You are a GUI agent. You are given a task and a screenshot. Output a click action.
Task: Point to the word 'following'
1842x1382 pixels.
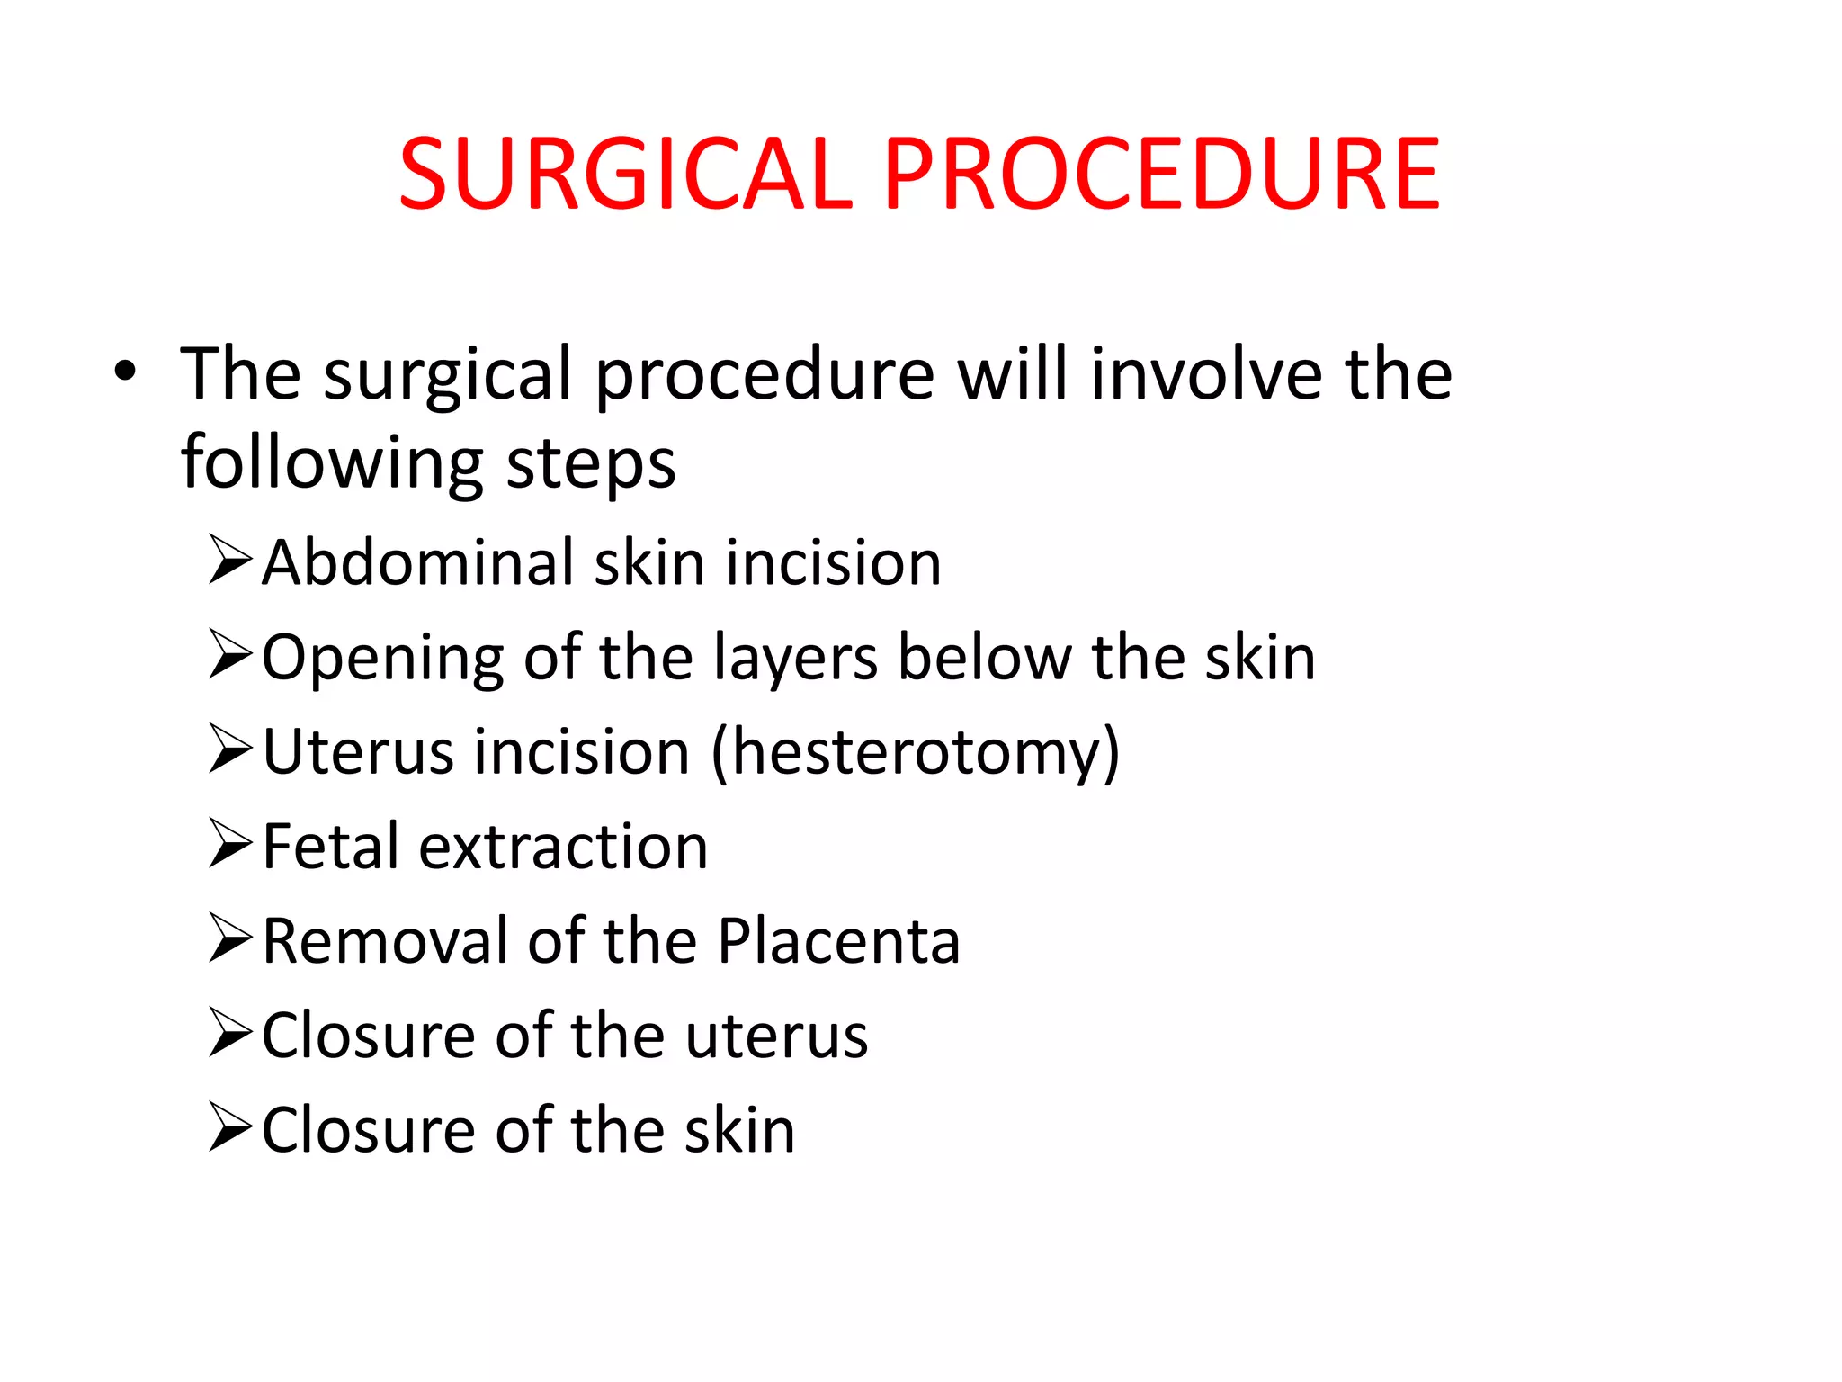coord(332,463)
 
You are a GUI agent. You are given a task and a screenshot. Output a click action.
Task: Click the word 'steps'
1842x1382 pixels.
coord(590,463)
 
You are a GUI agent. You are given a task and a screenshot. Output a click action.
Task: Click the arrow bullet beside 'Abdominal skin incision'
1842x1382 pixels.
coord(230,560)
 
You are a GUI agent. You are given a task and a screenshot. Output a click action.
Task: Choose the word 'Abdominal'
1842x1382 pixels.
coord(418,562)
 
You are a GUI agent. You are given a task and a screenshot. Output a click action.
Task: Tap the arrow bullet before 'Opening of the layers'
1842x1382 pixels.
coord(230,654)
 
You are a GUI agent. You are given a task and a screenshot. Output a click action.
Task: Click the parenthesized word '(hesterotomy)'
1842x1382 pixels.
coord(916,753)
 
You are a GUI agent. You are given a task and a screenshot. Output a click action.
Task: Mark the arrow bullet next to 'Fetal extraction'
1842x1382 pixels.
coord(230,843)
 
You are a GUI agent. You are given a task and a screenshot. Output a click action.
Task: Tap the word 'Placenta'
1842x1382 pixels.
coord(838,941)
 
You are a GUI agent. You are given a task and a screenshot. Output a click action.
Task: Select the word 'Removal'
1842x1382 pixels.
coord(385,941)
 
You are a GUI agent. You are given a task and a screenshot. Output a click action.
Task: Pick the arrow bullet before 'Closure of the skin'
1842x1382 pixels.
coord(230,1126)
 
